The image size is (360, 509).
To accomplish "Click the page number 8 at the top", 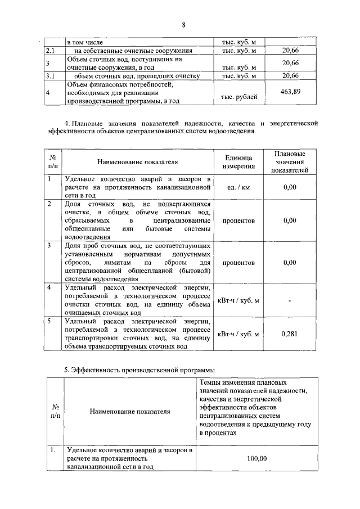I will pyautogui.click(x=183, y=25).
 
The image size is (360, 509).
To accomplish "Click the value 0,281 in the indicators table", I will pyautogui.click(x=290, y=334).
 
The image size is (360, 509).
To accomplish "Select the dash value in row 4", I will pyautogui.click(x=290, y=300).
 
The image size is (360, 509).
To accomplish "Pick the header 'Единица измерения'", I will pyautogui.click(x=238, y=162).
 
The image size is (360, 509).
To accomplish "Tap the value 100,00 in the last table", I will pyautogui.click(x=257, y=458).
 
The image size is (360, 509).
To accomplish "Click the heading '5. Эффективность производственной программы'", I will pyautogui.click(x=139, y=370).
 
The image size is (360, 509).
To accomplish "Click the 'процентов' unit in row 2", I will pyautogui.click(x=238, y=220).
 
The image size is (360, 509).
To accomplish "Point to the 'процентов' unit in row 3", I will pyautogui.click(x=238, y=263).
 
